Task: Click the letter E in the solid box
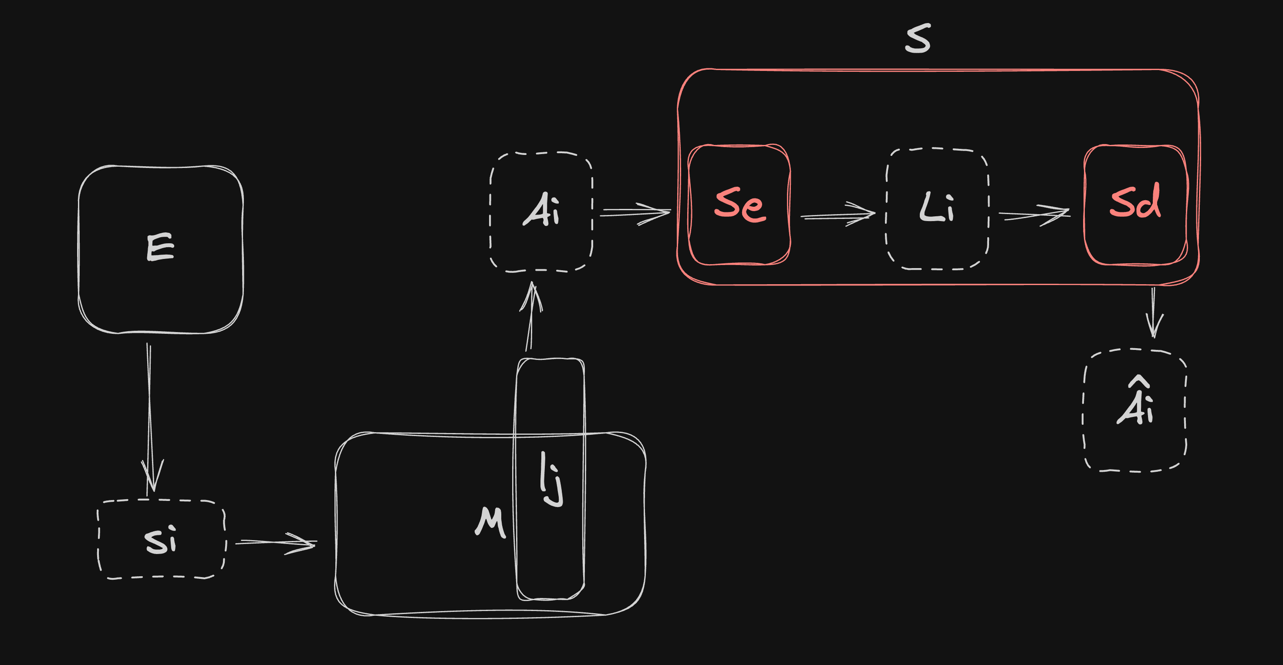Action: click(160, 247)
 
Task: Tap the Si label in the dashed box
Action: click(160, 540)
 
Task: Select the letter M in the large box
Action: click(490, 522)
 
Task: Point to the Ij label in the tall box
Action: click(551, 479)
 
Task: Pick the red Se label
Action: click(740, 204)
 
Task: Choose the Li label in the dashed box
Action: click(936, 208)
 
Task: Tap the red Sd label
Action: click(1135, 201)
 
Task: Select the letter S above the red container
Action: click(918, 39)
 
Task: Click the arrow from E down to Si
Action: click(149, 418)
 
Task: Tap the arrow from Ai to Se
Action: click(635, 213)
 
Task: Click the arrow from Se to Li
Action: click(838, 215)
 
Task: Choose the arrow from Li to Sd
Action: click(1034, 215)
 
